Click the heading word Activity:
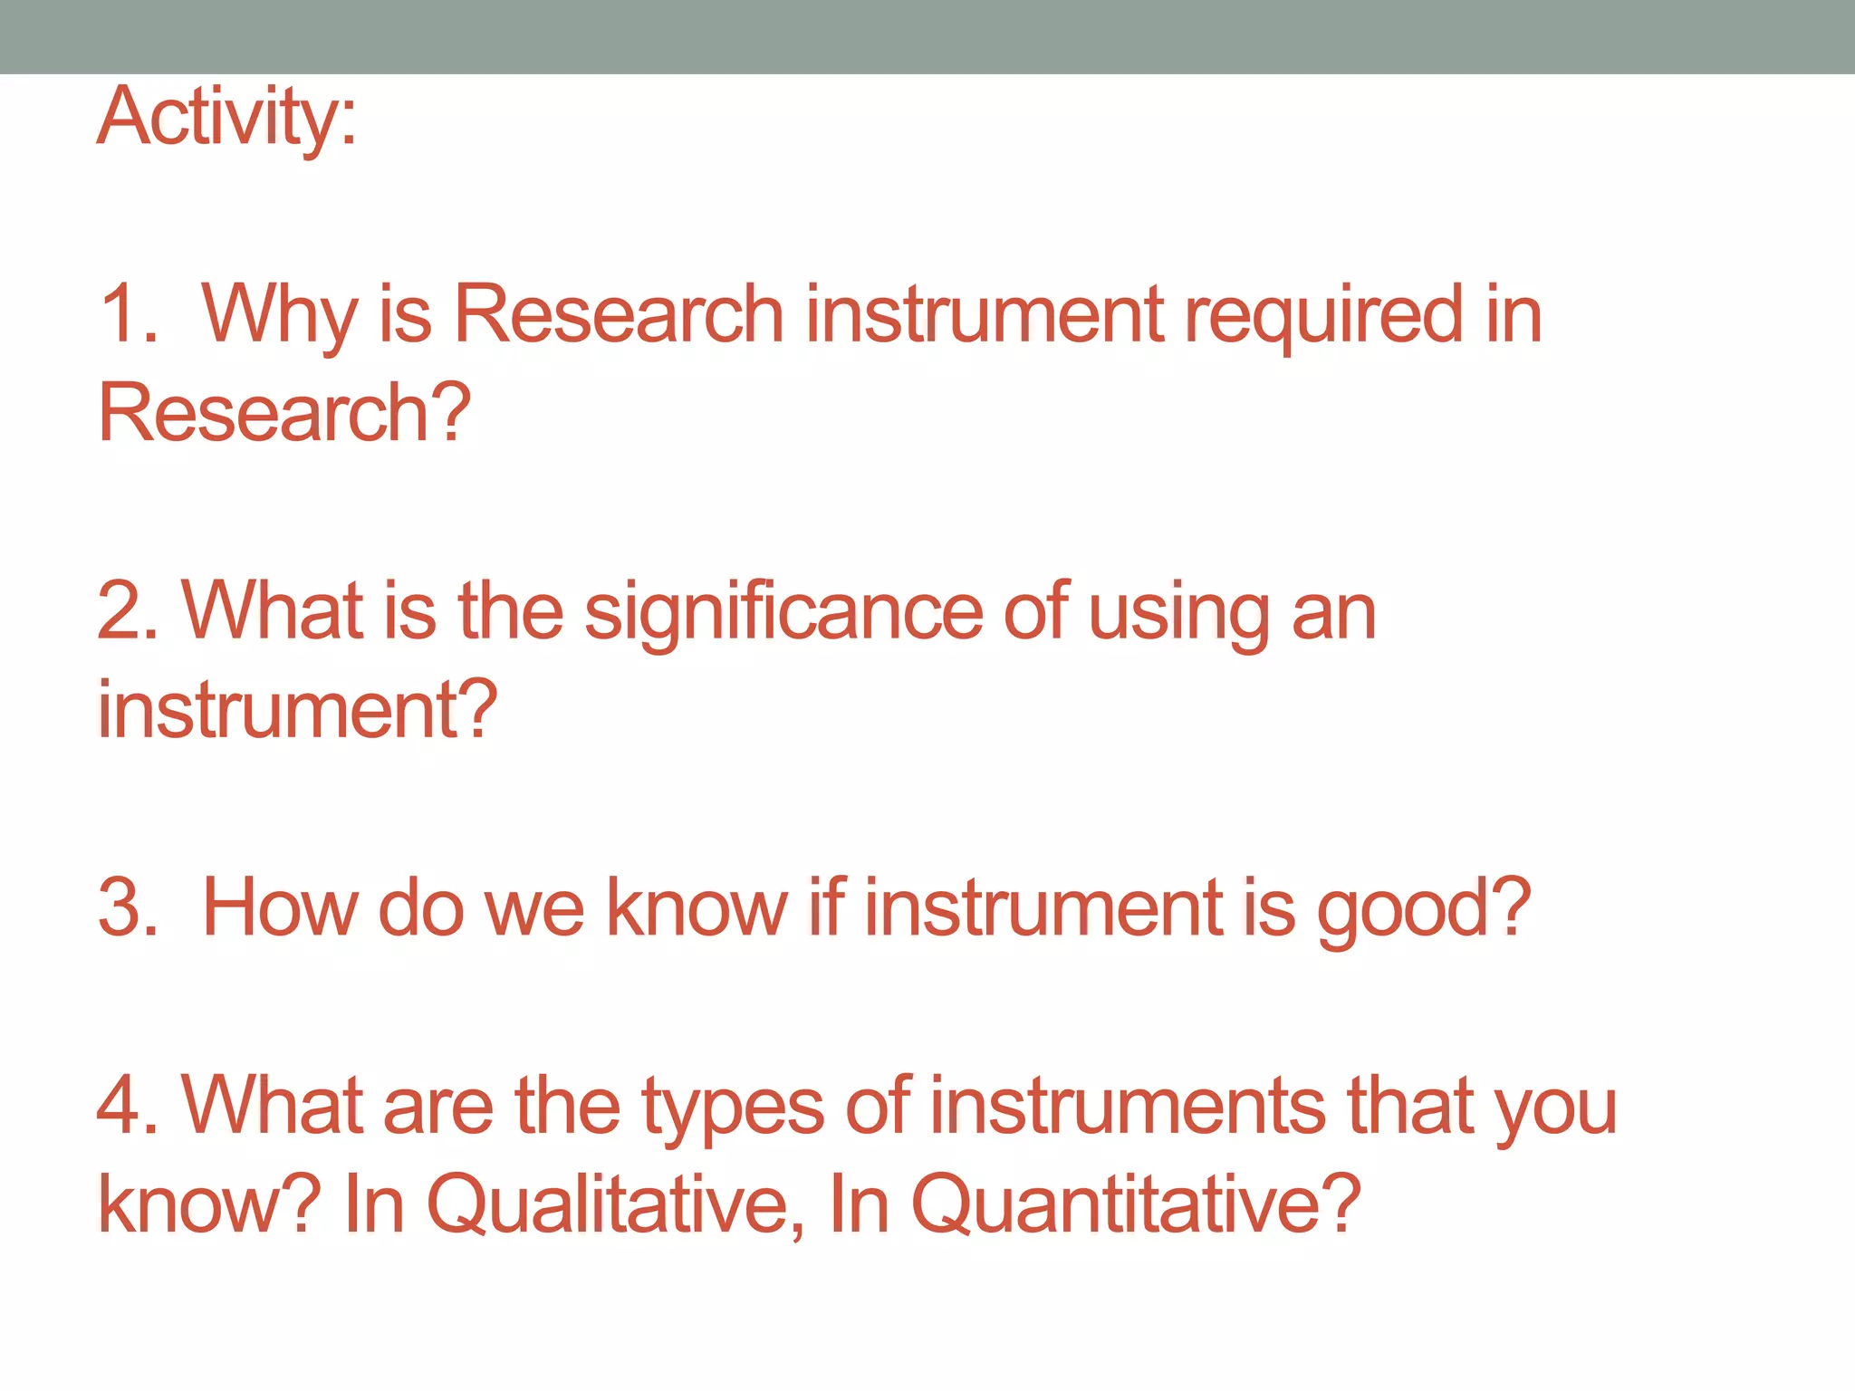pyautogui.click(x=226, y=118)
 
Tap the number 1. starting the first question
pyautogui.click(x=129, y=313)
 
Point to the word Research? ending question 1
pyautogui.click(x=284, y=413)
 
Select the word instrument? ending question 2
pyautogui.click(x=297, y=709)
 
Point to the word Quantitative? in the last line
pyautogui.click(x=1135, y=1205)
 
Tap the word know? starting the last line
pyautogui.click(x=208, y=1204)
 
